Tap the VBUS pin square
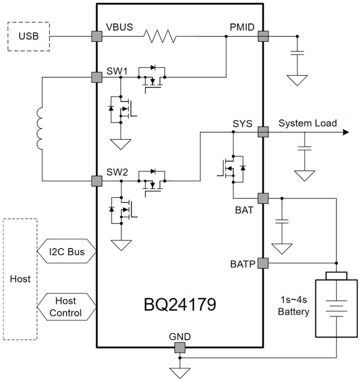point(97,36)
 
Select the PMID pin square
point(263,36)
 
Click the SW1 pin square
point(97,77)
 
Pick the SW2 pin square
point(97,181)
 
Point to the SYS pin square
point(263,132)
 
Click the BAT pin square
point(263,198)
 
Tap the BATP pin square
point(263,263)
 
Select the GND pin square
point(180,348)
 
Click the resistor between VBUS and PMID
point(160,36)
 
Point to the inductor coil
point(40,128)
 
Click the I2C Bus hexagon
point(66,251)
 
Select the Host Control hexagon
point(66,307)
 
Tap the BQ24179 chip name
point(180,305)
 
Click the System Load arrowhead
point(346,132)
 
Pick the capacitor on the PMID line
point(297,53)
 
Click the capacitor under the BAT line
point(282,221)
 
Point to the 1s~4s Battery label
point(294,306)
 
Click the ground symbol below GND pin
point(180,373)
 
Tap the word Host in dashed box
point(20,279)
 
